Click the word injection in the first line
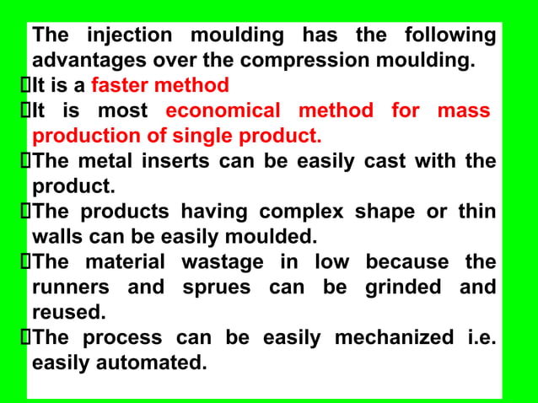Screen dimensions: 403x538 click(129, 35)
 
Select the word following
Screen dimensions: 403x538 click(450, 35)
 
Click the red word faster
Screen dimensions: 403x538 click(121, 85)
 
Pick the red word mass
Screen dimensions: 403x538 click(464, 110)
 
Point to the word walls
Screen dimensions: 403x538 click(59, 237)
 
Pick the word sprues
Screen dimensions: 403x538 click(217, 287)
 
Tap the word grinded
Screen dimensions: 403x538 click(403, 287)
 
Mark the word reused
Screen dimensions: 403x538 click(68, 313)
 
